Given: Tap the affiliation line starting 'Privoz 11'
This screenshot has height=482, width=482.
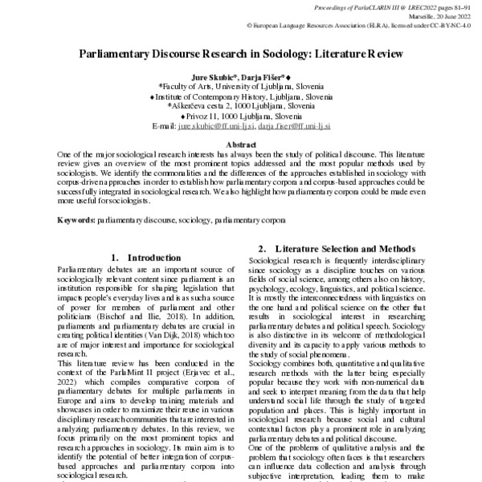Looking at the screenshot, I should coord(240,116).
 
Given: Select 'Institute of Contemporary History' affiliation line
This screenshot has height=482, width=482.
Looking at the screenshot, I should coord(240,95).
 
